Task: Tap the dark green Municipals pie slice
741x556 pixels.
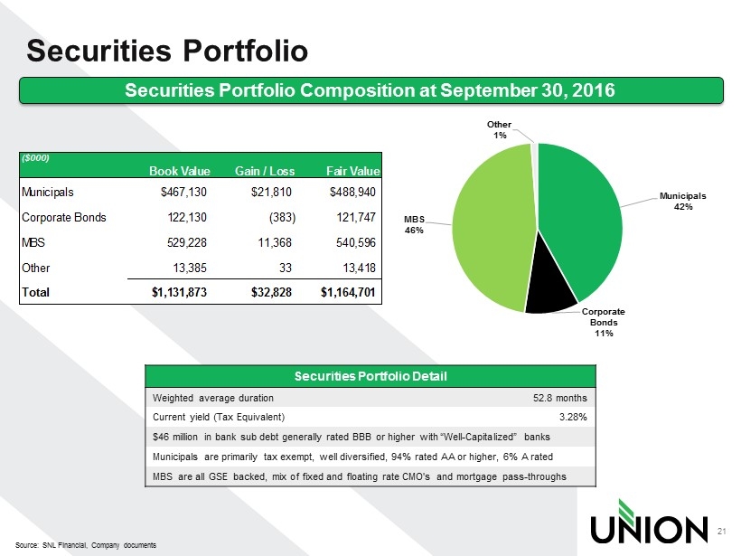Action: click(583, 217)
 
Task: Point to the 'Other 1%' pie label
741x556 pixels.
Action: click(499, 128)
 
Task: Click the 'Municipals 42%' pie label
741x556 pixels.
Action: click(682, 201)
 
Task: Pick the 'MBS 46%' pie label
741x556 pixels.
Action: click(413, 224)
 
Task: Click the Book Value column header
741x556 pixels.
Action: click(180, 171)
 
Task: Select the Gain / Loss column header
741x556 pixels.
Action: click(263, 171)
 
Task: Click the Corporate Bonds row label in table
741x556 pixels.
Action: click(63, 218)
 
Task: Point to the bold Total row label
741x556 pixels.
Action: click(36, 293)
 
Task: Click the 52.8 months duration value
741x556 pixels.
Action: click(560, 398)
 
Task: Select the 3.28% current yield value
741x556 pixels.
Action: click(573, 417)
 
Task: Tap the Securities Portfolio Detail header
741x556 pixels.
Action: click(370, 375)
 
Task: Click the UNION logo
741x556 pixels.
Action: click(648, 518)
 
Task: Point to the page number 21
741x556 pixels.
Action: click(721, 530)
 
